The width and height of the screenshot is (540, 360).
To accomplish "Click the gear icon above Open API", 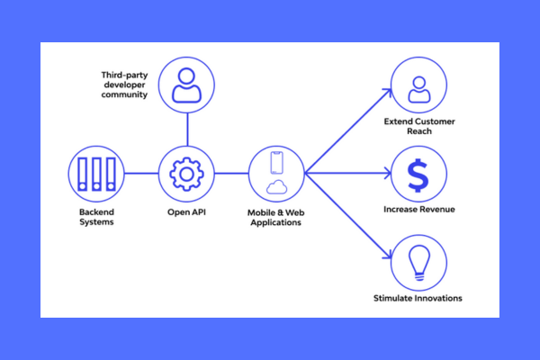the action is coord(186,173).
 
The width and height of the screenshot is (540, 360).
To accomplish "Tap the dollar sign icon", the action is coord(418,174).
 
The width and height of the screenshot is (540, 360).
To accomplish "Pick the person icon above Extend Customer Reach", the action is coord(418,88).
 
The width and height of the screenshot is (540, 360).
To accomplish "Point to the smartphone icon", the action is coord(277,162).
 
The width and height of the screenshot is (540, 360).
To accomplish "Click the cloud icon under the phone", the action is coord(277,186).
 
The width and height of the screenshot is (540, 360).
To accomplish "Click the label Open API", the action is coord(186,212).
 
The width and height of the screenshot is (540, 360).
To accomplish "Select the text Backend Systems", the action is coord(94,217).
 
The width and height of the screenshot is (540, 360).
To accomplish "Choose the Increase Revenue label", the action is coord(418,210).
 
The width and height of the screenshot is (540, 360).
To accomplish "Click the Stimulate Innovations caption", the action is coord(418,298).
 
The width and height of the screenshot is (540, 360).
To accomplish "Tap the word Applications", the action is coord(277,222).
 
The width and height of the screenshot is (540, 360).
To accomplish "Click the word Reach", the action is coord(418,131).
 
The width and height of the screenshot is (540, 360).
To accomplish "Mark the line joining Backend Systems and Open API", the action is coord(139,173).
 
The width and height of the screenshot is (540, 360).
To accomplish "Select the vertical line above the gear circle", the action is coord(186,129).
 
